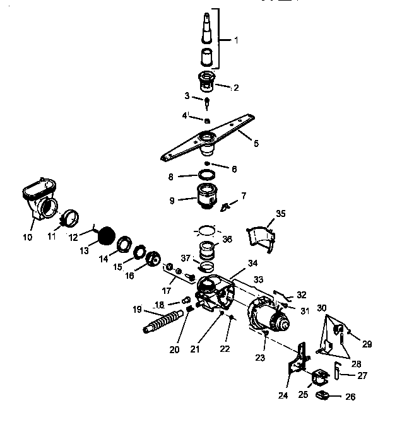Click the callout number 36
pos(227,240)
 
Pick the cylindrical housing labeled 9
pos(207,192)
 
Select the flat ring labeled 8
pos(206,174)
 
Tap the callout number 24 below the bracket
pos(283,395)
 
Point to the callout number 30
pos(322,308)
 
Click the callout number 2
pos(235,88)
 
